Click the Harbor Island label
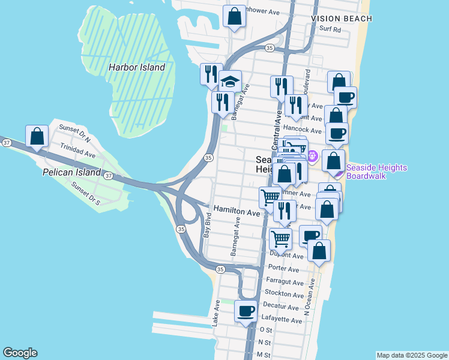136,68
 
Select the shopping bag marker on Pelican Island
37,136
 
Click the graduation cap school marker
229,82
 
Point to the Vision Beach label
342,19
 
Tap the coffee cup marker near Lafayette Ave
246,312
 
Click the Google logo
20,353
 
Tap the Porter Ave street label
284,268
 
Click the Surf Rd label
330,29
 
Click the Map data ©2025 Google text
412,355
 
